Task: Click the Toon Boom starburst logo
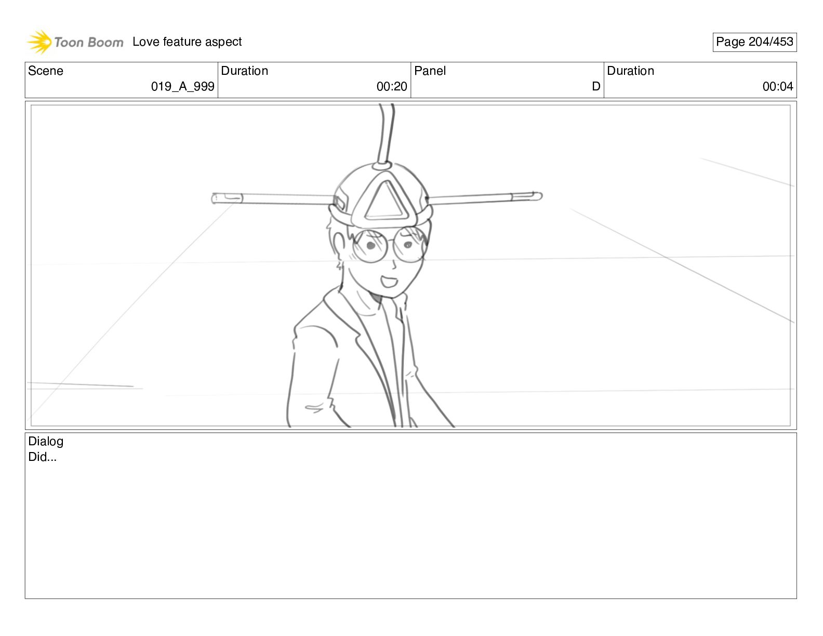click(39, 42)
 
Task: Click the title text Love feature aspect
click(187, 42)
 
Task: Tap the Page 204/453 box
click(754, 42)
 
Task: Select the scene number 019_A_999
click(182, 87)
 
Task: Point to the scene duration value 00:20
click(392, 87)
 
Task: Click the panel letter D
click(596, 87)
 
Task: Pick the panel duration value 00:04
click(778, 87)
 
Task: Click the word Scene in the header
click(45, 71)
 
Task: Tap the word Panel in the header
click(430, 71)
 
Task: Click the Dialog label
click(46, 441)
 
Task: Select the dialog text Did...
click(42, 457)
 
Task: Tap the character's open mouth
click(389, 282)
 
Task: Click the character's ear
click(338, 247)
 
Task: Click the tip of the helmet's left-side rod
click(213, 198)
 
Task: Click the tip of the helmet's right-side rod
click(541, 196)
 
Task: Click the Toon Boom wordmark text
click(89, 42)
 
